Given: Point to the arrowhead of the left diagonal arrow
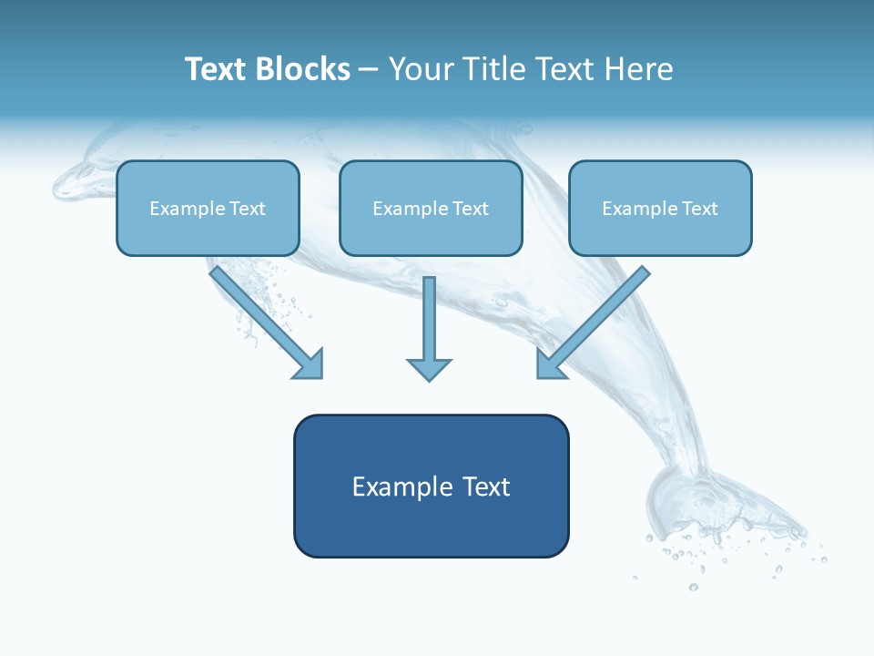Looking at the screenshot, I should [310, 365].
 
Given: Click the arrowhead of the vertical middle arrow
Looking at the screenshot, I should [429, 369].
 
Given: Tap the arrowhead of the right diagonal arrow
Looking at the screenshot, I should [549, 364].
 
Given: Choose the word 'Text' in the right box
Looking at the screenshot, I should [699, 209].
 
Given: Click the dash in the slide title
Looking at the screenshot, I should [369, 70].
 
